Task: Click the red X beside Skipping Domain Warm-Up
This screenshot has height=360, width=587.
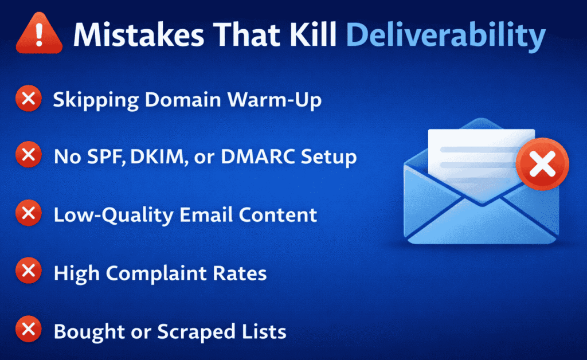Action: (x=28, y=99)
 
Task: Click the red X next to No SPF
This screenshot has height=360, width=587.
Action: (x=28, y=156)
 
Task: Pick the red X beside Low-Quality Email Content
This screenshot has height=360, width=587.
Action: (x=28, y=214)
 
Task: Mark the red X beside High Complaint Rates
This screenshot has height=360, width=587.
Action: (x=28, y=272)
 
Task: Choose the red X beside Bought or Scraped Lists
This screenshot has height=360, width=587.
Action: (x=28, y=331)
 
